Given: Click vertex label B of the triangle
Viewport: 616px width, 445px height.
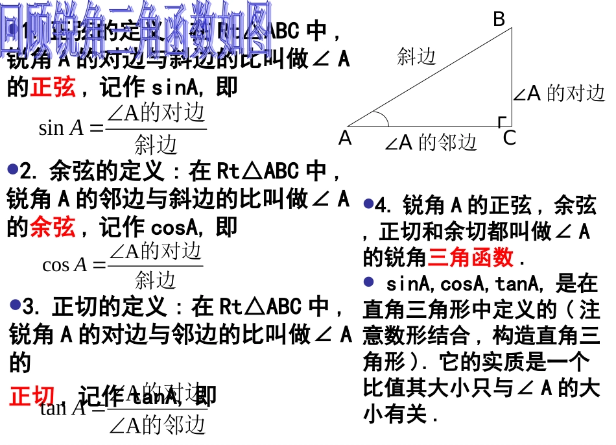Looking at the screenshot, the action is (499, 19).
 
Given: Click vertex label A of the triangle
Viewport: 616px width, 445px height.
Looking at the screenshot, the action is (345, 138).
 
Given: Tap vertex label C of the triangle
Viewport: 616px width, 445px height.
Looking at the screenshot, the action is (510, 138).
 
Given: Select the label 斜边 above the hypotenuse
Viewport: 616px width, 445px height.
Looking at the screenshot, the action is (416, 57).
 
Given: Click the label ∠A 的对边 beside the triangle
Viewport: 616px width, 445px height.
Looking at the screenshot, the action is (559, 94).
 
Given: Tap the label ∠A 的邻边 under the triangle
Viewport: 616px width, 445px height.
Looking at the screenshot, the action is (431, 143).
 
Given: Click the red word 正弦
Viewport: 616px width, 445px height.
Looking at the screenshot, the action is (53, 87).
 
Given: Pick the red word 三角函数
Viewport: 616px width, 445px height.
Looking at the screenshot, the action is (471, 258).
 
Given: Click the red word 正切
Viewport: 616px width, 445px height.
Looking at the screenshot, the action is (32, 396).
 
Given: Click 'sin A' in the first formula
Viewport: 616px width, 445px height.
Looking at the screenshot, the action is (62, 128).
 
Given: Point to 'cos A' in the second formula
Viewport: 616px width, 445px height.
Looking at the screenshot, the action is (64, 265).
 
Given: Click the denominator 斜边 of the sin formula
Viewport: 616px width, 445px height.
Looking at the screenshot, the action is (156, 144).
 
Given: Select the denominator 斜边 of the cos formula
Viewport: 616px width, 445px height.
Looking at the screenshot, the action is (156, 280).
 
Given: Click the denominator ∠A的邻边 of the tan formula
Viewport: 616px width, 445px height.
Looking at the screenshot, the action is (157, 425).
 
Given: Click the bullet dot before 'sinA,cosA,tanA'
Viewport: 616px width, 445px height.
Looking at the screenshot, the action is (369, 282).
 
